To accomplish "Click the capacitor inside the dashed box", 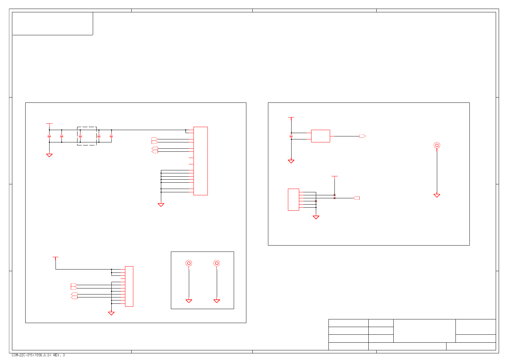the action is click(80, 136).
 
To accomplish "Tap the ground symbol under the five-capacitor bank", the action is click(49, 155).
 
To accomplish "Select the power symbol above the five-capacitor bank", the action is click(49, 124).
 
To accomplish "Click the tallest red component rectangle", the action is click(200, 161).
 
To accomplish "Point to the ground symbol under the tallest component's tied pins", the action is click(161, 205).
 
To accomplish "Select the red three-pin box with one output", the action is click(320, 136).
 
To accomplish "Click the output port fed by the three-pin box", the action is click(362, 136).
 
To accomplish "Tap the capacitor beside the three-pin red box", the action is click(291, 136).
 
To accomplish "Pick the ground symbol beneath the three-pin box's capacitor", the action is click(291, 161).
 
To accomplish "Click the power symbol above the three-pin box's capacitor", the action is click(291, 117).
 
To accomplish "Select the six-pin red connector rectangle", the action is click(293, 200).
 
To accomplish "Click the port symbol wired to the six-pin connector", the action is click(356, 198).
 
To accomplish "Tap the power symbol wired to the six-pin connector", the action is click(334, 176).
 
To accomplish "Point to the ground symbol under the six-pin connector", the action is click(316, 217).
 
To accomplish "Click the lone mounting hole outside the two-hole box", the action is click(437, 145).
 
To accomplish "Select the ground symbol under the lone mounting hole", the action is click(437, 196).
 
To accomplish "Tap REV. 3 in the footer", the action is click(59, 355).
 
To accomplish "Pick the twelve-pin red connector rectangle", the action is click(129, 286).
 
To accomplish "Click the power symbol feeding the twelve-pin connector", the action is click(56, 257).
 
